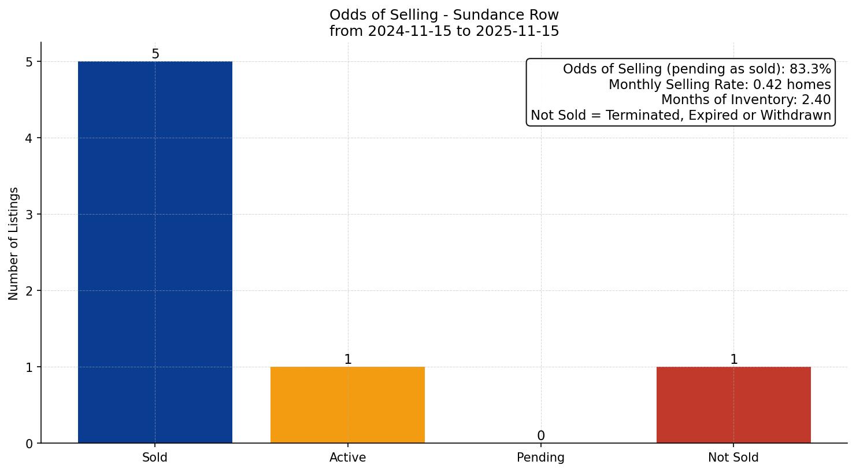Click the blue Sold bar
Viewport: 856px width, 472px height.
tap(155, 252)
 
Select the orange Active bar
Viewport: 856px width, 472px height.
tap(347, 405)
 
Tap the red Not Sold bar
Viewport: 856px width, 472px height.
tap(733, 405)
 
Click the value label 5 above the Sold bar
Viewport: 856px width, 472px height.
tap(155, 54)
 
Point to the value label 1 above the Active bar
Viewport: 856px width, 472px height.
tap(347, 360)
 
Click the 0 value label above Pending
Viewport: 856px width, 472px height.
tap(540, 436)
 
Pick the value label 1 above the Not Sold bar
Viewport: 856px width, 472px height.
tap(733, 360)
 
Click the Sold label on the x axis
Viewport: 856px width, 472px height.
tap(155, 458)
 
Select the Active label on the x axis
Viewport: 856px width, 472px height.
tap(347, 458)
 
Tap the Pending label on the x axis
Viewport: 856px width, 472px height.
tap(540, 458)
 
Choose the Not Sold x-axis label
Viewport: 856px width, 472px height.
tap(733, 458)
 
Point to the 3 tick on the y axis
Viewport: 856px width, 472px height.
tap(29, 215)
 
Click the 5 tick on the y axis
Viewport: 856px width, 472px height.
tap(29, 62)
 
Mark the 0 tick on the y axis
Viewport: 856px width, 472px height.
tap(29, 444)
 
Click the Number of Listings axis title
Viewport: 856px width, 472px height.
tap(14, 243)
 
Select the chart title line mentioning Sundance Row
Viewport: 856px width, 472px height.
tap(444, 15)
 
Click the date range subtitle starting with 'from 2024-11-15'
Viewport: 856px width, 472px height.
tap(444, 31)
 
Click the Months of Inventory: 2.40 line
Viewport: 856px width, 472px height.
tap(746, 100)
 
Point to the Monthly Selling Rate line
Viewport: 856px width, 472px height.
tap(720, 85)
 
